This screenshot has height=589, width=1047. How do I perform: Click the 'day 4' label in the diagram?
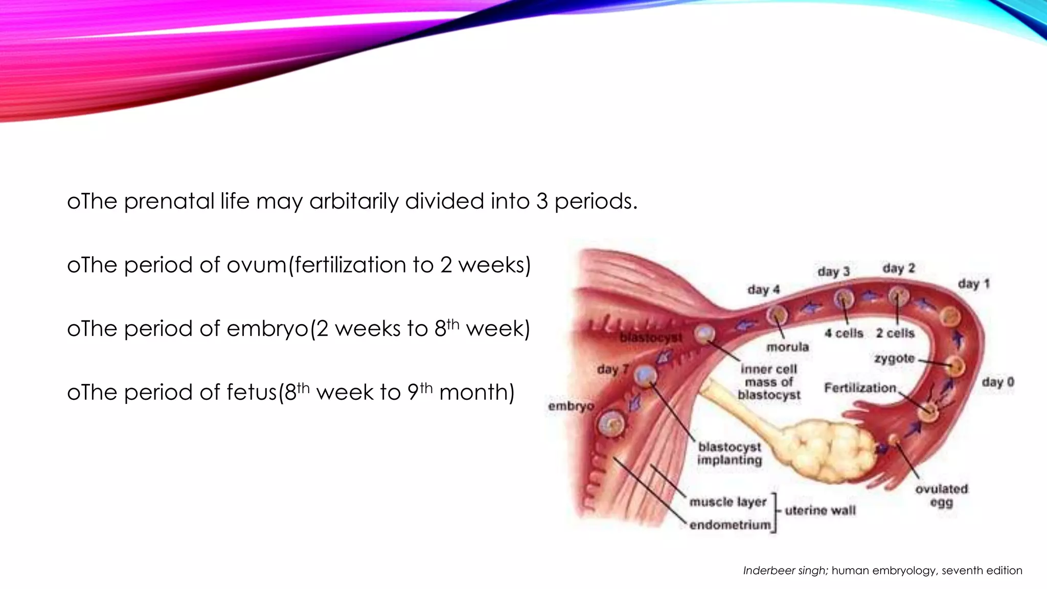(x=764, y=290)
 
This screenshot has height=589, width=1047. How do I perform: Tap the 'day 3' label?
(x=833, y=271)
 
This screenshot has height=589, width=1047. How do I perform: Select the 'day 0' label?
(x=997, y=382)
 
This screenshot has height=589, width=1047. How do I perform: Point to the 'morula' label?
(x=787, y=347)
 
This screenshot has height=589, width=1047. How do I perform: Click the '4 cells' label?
(x=844, y=333)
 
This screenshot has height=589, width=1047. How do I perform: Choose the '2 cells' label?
(x=895, y=333)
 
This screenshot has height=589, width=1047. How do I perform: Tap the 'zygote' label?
(x=894, y=358)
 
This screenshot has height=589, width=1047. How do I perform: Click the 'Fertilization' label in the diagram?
(x=860, y=388)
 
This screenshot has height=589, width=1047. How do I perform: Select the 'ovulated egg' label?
(x=941, y=495)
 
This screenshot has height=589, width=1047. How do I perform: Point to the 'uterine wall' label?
(x=820, y=510)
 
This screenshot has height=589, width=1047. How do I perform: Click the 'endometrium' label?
(x=730, y=525)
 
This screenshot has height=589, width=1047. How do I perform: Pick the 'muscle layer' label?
(x=728, y=502)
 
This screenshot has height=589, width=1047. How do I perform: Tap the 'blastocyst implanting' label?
(x=730, y=454)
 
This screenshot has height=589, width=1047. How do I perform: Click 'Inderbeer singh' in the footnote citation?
(x=785, y=571)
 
